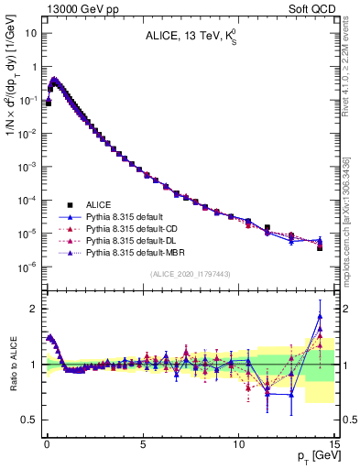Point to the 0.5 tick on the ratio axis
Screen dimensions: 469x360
click(27, 420)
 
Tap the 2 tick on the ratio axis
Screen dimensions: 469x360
click(32, 309)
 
